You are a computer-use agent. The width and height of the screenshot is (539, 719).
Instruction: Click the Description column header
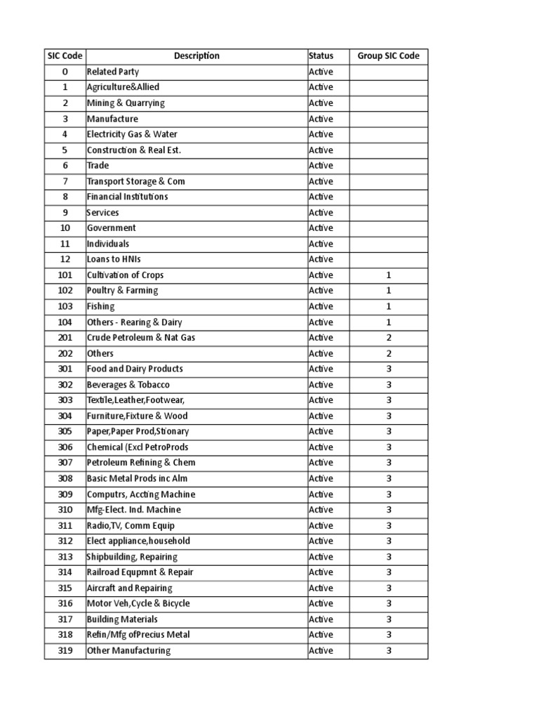tap(197, 56)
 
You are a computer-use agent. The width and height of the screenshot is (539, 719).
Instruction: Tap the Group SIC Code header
tap(388, 56)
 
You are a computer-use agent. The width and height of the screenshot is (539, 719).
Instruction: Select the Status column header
tap(321, 56)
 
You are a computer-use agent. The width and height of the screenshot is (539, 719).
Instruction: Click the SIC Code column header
tap(65, 56)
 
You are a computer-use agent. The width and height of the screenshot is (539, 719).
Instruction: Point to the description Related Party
tap(113, 72)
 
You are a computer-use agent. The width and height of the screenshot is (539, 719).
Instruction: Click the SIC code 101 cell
tap(65, 275)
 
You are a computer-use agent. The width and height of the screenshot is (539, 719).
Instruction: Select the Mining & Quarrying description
tap(126, 103)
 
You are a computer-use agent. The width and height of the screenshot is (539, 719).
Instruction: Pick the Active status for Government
tap(321, 228)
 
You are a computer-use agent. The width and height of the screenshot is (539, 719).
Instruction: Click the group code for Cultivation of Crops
tap(388, 275)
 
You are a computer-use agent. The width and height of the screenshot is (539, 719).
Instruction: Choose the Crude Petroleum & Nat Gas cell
tap(141, 338)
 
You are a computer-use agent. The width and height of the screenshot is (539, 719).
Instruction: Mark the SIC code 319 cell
tap(65, 651)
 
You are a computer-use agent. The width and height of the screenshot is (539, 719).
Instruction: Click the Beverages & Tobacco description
tap(128, 385)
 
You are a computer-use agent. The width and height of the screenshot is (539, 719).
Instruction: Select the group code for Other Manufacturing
tap(388, 651)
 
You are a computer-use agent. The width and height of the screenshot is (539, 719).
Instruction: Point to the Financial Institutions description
tap(128, 197)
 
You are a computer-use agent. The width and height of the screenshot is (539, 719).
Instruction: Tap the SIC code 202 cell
tap(65, 353)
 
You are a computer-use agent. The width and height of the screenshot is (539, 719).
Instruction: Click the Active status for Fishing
tap(321, 307)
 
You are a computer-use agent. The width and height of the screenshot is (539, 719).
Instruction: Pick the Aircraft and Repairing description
tap(129, 588)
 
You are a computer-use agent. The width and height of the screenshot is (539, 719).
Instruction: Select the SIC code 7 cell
tap(65, 181)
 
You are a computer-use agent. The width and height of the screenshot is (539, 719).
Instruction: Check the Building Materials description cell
tap(122, 619)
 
